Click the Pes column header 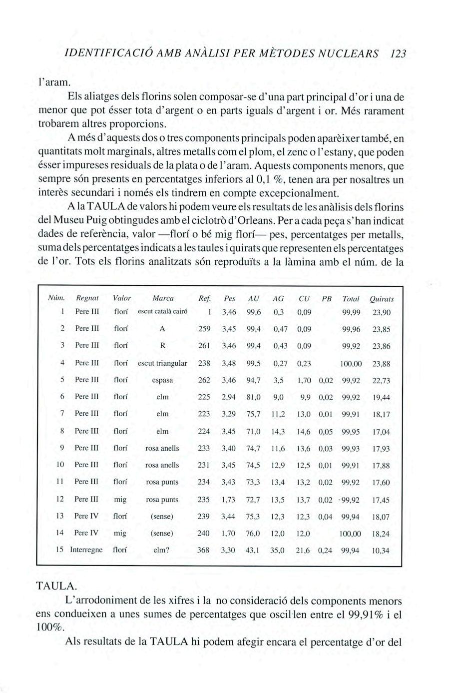(x=229, y=298)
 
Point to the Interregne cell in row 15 (x=86, y=550)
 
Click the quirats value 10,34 (x=381, y=551)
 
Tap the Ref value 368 (x=203, y=550)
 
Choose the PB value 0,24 (x=325, y=551)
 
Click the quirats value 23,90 (x=381, y=313)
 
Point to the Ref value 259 (x=203, y=329)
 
